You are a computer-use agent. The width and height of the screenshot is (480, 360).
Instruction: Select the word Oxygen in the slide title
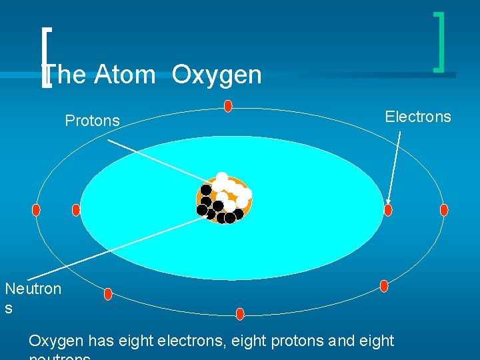(x=216, y=75)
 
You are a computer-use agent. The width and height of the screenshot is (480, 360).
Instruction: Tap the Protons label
(x=92, y=121)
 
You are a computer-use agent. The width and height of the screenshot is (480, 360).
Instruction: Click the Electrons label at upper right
(x=418, y=117)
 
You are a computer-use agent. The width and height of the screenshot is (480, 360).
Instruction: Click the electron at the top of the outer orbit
(x=228, y=106)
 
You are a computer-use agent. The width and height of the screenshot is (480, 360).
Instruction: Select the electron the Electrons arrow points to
(x=388, y=210)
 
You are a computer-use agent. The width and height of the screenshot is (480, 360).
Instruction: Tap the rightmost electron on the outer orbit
(x=444, y=210)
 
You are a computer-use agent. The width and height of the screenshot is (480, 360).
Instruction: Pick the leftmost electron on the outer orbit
(x=36, y=210)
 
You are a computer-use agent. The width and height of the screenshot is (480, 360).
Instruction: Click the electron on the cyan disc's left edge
(x=76, y=210)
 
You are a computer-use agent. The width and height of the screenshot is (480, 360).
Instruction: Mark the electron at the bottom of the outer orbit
(x=240, y=313)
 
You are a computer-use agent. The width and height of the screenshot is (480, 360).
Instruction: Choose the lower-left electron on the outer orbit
(x=108, y=294)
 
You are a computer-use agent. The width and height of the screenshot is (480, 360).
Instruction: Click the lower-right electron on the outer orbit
(x=384, y=286)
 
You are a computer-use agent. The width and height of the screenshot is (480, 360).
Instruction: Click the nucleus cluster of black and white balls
(x=224, y=199)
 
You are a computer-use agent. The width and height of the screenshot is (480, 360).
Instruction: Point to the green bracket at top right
(x=440, y=41)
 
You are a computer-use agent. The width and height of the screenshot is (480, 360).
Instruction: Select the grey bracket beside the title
(x=45, y=58)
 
